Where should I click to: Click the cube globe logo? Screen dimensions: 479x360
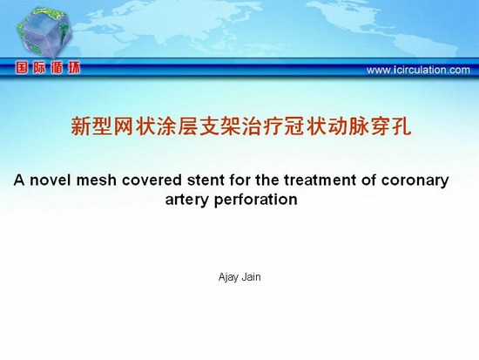(44, 31)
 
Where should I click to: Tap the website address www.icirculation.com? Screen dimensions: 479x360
(418, 70)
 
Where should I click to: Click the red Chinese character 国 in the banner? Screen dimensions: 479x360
(22, 68)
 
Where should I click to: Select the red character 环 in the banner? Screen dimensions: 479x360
(74, 68)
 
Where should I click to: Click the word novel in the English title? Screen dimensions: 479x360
(51, 180)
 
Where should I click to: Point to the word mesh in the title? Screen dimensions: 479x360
(97, 180)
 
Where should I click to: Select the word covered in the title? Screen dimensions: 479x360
(152, 180)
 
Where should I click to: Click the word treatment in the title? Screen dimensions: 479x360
(320, 180)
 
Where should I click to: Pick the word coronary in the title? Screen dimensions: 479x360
(415, 181)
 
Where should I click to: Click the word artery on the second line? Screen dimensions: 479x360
(188, 200)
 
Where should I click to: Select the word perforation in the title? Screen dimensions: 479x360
(256, 200)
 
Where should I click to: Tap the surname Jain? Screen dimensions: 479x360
(252, 277)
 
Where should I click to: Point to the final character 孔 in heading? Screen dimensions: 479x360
(401, 126)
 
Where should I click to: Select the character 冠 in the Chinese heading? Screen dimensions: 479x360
(294, 126)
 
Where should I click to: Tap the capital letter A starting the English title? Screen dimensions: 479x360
(19, 180)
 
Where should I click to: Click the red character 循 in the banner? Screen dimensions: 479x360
(57, 68)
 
